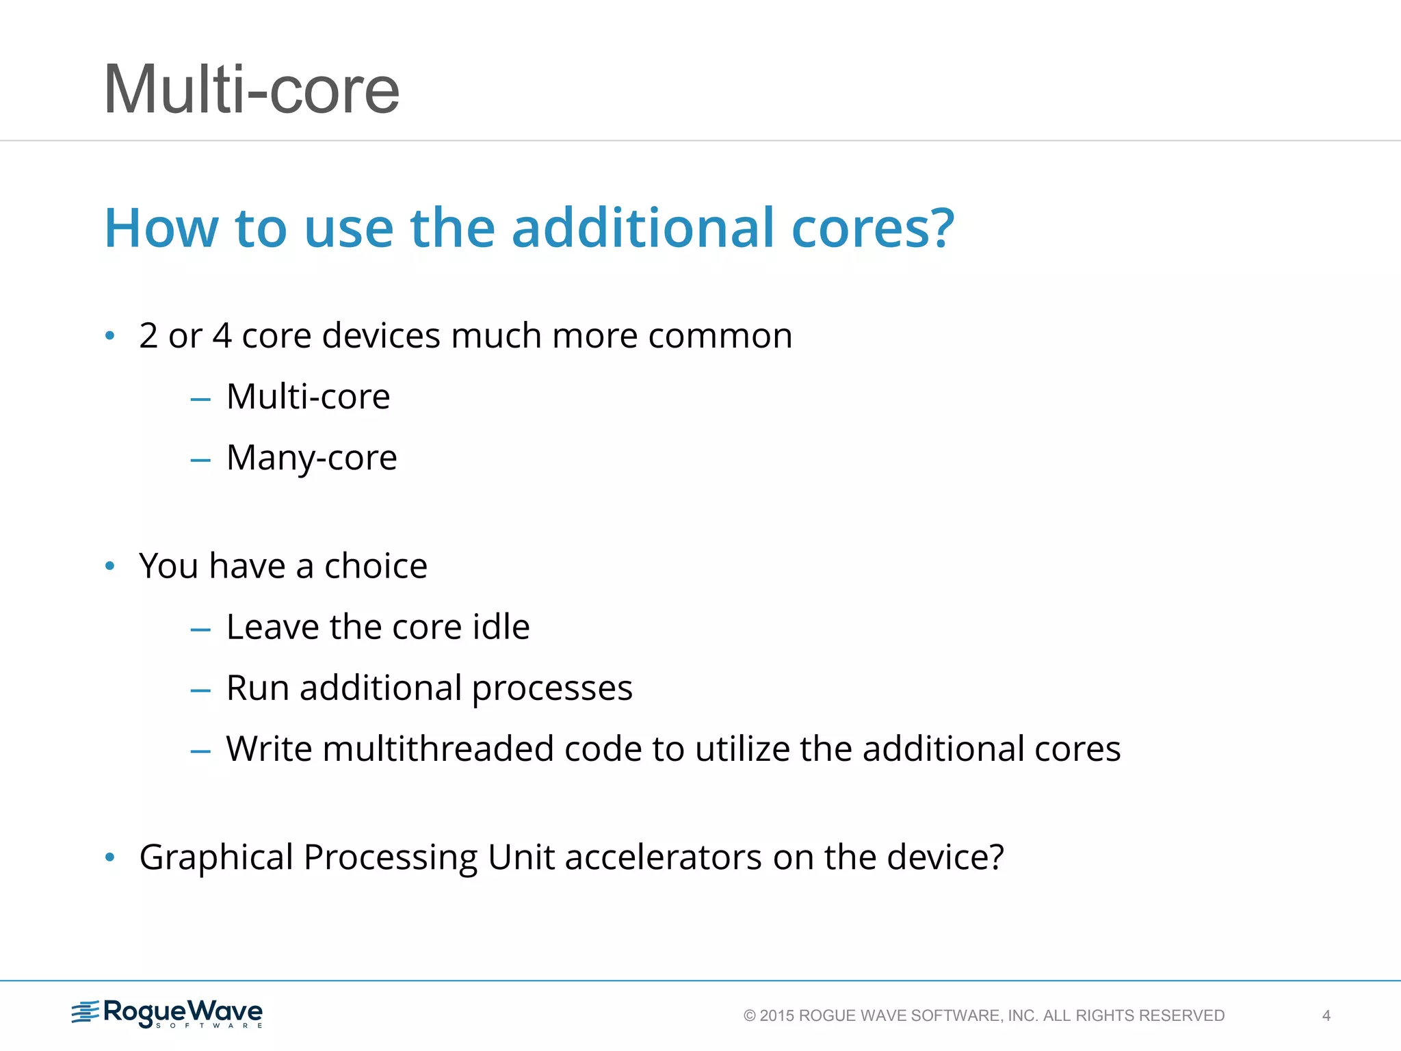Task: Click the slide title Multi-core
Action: click(x=251, y=90)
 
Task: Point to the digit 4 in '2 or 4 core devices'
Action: click(x=222, y=336)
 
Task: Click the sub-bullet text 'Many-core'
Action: click(x=311, y=458)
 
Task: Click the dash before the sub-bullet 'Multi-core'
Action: click(x=200, y=399)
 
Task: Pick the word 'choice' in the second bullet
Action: click(x=376, y=566)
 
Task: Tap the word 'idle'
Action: click(x=501, y=627)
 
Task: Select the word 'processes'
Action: click(x=552, y=688)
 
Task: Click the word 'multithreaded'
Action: click(x=438, y=749)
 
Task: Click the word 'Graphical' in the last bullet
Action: click(x=216, y=857)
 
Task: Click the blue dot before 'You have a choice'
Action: click(x=110, y=567)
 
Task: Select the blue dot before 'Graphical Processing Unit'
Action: click(x=110, y=857)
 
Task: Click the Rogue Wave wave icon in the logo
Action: click(x=86, y=1012)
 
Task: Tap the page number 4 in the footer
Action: click(x=1326, y=1015)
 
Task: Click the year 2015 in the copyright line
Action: click(x=777, y=1015)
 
